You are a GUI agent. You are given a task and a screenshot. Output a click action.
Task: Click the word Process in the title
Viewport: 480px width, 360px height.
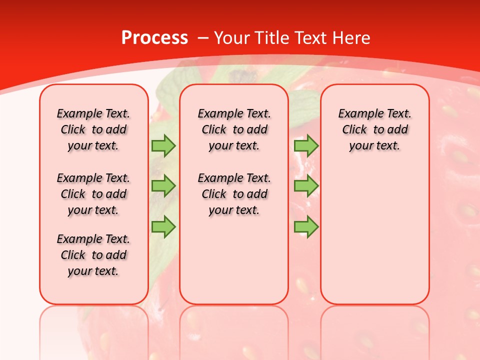point(154,37)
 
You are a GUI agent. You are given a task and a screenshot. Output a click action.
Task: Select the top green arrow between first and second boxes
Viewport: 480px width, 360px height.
point(163,145)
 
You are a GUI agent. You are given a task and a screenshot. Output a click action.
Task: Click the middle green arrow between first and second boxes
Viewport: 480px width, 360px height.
point(163,186)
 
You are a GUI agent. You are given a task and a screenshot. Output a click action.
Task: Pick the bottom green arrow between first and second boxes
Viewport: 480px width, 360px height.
point(163,226)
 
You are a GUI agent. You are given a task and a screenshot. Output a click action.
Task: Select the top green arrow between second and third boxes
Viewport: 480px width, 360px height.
point(306,145)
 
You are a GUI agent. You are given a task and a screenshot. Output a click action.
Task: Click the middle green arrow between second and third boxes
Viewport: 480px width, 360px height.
point(306,186)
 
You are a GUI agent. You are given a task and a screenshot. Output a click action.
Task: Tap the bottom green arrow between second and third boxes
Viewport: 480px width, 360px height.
point(306,226)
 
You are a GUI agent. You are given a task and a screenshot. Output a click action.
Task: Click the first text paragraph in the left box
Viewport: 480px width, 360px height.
point(93,129)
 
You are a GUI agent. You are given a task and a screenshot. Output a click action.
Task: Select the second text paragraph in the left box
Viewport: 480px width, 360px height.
point(93,194)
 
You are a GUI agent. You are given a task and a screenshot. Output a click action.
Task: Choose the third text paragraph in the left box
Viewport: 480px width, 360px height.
point(93,255)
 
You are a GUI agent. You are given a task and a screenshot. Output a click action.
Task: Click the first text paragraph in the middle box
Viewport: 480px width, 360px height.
point(234,129)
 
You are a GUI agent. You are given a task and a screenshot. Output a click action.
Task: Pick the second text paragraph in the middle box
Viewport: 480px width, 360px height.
point(234,194)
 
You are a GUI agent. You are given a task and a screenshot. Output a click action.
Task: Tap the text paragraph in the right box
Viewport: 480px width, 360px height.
point(374,129)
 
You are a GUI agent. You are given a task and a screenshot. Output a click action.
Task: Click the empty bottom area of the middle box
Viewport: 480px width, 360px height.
point(234,265)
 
